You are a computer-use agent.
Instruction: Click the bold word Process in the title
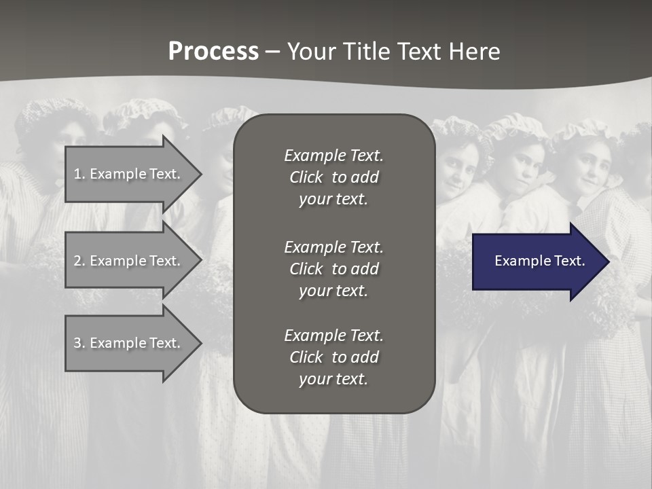coord(213,51)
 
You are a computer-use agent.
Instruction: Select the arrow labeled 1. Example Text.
coord(129,174)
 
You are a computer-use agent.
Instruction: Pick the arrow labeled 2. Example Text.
coord(129,261)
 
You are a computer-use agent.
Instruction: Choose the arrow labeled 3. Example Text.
coord(129,343)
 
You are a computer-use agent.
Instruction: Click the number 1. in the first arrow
coord(79,174)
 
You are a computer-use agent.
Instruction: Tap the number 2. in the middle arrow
coord(79,261)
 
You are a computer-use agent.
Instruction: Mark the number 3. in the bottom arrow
coord(79,343)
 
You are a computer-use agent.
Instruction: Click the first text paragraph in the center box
coord(333,177)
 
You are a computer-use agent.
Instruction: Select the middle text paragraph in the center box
coord(333,268)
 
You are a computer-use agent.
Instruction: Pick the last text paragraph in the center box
coord(333,357)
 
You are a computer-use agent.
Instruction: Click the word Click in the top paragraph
coord(306,177)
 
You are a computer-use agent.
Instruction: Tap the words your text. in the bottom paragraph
coord(333,379)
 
